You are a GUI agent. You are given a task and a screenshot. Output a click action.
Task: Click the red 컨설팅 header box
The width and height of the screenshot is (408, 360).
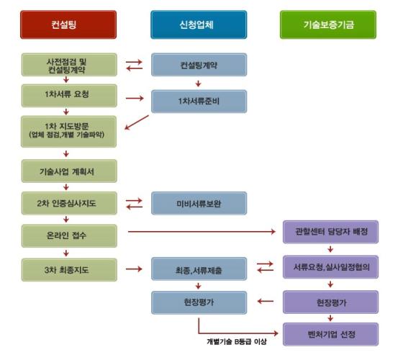pyautogui.click(x=68, y=24)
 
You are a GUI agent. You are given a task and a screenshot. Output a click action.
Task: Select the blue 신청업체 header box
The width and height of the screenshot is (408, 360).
pyautogui.click(x=199, y=24)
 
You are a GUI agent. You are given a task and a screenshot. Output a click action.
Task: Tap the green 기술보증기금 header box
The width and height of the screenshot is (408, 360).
pyautogui.click(x=328, y=24)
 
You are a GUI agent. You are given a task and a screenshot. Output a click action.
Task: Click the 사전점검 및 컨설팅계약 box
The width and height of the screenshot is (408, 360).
pyautogui.click(x=69, y=65)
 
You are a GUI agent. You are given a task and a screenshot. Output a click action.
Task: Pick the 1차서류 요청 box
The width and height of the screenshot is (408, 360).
pyautogui.click(x=69, y=96)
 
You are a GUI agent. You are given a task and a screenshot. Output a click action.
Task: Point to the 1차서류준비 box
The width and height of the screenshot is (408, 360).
pyautogui.click(x=199, y=102)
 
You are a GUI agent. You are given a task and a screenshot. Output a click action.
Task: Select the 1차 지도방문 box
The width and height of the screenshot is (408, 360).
pyautogui.click(x=68, y=132)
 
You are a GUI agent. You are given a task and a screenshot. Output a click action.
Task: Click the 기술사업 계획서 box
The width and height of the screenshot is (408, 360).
pyautogui.click(x=69, y=171)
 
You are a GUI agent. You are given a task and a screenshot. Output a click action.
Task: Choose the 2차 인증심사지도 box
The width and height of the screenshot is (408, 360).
pyautogui.click(x=69, y=203)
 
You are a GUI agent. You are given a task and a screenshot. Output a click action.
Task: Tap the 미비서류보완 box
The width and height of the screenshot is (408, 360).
pyautogui.click(x=199, y=203)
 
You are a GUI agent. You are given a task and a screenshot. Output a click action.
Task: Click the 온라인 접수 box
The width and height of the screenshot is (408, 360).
pyautogui.click(x=69, y=236)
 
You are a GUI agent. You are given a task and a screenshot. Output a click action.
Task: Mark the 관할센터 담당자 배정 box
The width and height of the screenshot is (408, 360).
pyautogui.click(x=331, y=232)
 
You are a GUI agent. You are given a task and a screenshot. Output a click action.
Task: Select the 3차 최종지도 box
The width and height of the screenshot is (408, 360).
pyautogui.click(x=69, y=270)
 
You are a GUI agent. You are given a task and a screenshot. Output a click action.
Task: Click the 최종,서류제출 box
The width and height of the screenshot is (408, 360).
pyautogui.click(x=199, y=269)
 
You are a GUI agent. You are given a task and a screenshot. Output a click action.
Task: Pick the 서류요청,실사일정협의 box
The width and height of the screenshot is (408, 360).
pyautogui.click(x=331, y=267)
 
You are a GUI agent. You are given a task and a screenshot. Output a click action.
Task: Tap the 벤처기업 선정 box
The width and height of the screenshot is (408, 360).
pyautogui.click(x=331, y=334)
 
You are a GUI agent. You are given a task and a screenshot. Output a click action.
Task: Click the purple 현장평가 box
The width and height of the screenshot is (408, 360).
pyautogui.click(x=331, y=302)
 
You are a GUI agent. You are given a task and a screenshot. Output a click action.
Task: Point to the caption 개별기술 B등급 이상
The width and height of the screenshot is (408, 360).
pyautogui.click(x=237, y=341)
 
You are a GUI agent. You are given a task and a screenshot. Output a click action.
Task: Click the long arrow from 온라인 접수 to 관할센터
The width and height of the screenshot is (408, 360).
pyautogui.click(x=201, y=231)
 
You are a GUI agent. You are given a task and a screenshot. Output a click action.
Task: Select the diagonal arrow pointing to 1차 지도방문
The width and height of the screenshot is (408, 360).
pyautogui.click(x=137, y=122)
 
